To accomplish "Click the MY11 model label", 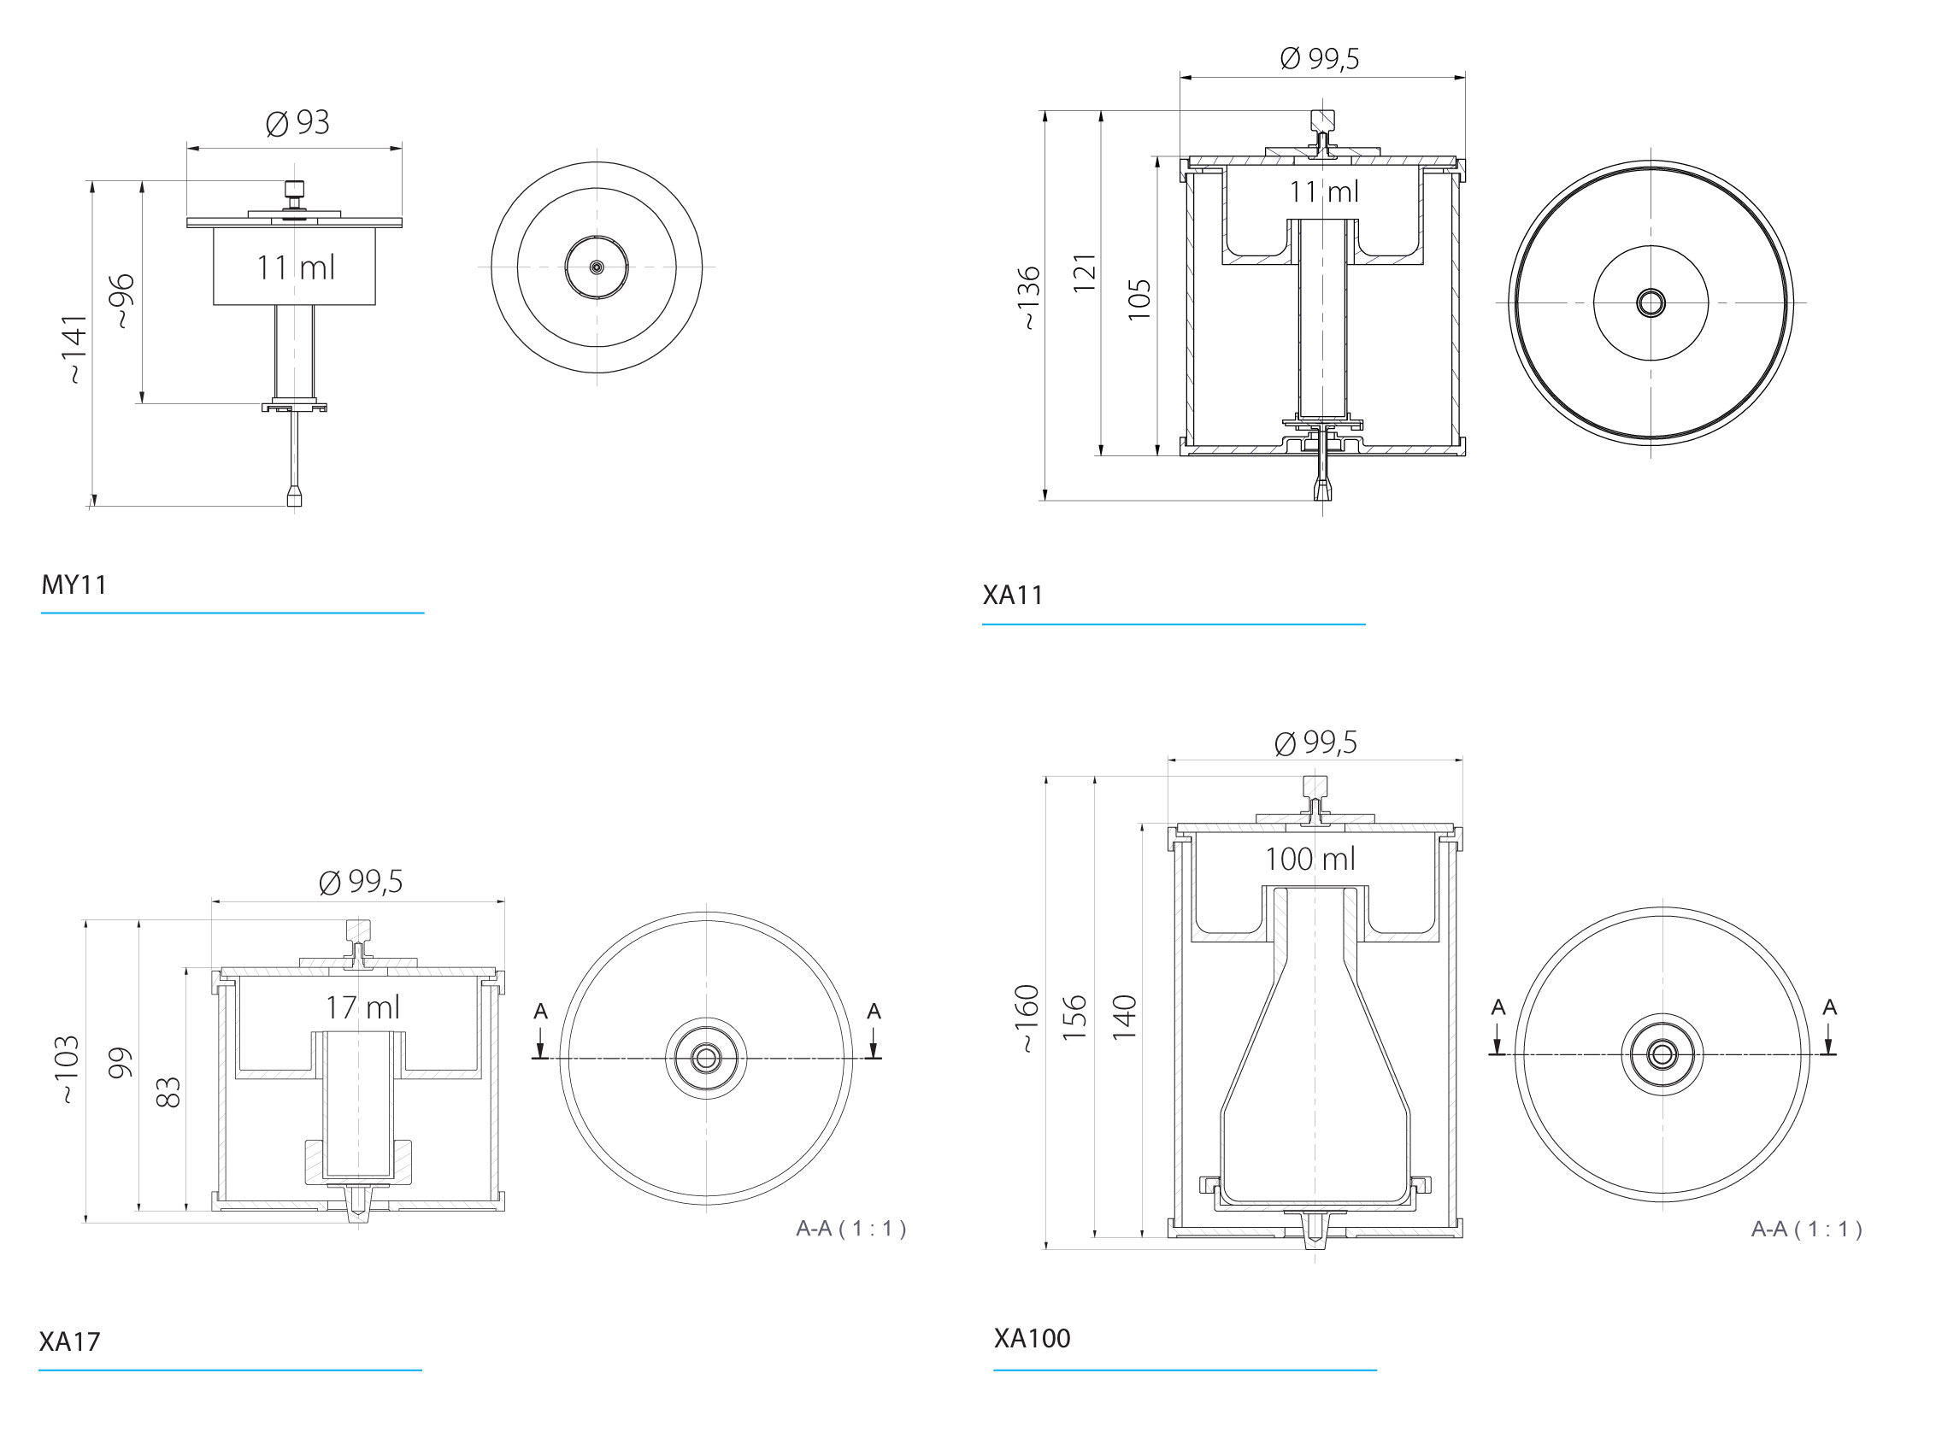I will (x=74, y=585).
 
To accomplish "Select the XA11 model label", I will (x=1012, y=596).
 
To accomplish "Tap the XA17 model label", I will (x=69, y=1341).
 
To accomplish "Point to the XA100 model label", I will (x=1031, y=1338).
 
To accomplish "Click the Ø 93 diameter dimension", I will (x=297, y=123).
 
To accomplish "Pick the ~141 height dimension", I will (x=75, y=349).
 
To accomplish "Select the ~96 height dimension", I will (x=123, y=301).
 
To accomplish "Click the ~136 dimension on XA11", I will (x=1028, y=298).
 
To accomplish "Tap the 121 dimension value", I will (x=1085, y=273).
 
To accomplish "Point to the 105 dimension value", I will (x=1139, y=300).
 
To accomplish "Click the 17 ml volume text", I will (x=362, y=1007).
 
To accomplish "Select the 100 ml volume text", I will (x=1309, y=859).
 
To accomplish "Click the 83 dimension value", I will (x=168, y=1092).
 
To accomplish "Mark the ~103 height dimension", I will (x=68, y=1069).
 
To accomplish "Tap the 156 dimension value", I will (x=1074, y=1018).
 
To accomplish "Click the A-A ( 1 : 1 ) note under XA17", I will (x=850, y=1229).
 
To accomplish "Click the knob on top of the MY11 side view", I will (x=295, y=188).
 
